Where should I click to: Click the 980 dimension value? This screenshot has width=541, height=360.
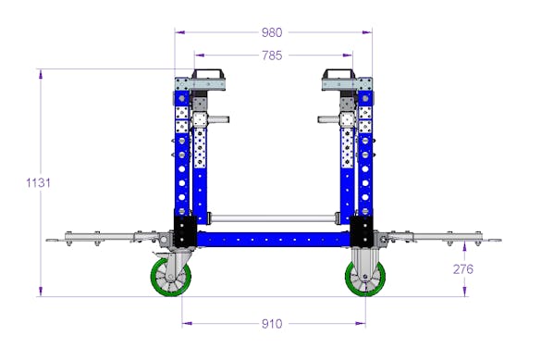(x=272, y=32)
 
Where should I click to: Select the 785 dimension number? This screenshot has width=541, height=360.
(x=272, y=56)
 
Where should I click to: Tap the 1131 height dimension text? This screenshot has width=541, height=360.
(x=38, y=182)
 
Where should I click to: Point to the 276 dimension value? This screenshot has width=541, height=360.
(x=463, y=269)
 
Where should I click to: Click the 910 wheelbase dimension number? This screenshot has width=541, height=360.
(x=272, y=324)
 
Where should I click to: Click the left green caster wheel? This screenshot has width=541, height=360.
(x=171, y=277)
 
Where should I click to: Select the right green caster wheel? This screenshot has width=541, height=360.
(x=365, y=278)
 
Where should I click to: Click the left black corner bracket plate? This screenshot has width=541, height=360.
(x=185, y=231)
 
